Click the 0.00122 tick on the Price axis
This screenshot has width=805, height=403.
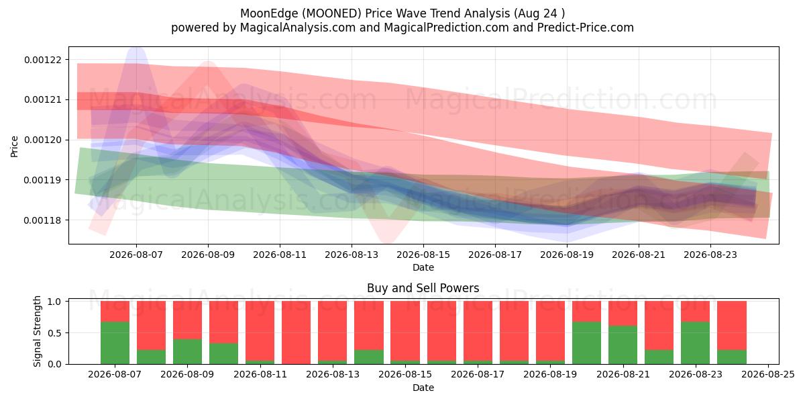tap(42, 60)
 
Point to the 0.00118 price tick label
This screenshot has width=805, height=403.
tap(42, 220)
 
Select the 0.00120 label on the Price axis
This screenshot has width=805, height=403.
tap(42, 140)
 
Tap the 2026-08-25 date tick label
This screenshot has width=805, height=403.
tap(768, 375)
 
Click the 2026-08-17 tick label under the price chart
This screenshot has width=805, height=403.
tap(495, 255)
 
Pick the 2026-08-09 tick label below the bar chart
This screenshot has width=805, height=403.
tap(187, 375)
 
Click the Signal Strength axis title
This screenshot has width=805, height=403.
tap(37, 331)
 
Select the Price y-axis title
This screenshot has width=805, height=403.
tap(14, 146)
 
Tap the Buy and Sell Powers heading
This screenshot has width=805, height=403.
tap(423, 288)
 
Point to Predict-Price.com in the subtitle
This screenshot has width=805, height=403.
tap(586, 28)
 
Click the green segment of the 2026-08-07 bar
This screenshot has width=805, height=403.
tap(115, 343)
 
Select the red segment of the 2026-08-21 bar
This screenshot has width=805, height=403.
tap(623, 314)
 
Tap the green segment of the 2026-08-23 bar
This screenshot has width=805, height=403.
tap(696, 343)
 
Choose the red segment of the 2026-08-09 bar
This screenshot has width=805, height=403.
tap(187, 320)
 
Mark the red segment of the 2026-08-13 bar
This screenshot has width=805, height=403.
tap(333, 331)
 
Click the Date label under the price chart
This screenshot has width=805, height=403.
tap(423, 268)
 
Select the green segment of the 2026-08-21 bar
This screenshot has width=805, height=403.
tap(623, 345)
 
